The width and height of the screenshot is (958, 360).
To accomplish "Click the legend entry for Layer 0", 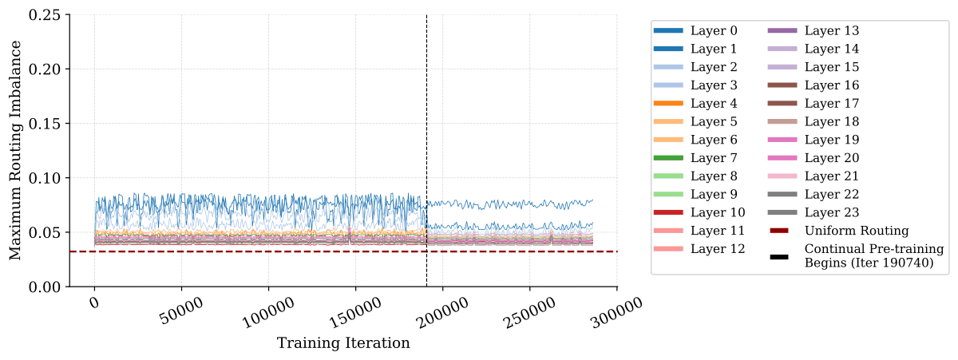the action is (695, 31).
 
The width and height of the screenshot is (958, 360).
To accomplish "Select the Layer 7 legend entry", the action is (695, 158).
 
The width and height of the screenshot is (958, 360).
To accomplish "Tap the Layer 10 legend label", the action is (718, 212).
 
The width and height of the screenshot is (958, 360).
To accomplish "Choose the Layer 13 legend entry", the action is (814, 31).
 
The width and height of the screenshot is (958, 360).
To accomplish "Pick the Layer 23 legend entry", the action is (814, 212).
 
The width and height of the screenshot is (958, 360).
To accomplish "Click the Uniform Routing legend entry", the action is (839, 231).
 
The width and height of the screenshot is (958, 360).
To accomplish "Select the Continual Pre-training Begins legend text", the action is (874, 255).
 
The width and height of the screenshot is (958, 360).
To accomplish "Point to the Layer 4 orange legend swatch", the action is (668, 104).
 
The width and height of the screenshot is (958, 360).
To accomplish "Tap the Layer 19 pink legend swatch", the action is (782, 140).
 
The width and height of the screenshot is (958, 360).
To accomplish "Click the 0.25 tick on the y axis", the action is (45, 15).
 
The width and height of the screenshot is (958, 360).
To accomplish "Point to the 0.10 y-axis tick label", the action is (45, 178).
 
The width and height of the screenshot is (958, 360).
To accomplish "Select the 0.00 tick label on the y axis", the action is (45, 287).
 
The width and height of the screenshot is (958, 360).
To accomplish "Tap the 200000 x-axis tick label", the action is (443, 314).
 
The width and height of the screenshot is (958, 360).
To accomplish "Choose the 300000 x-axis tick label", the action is (616, 314).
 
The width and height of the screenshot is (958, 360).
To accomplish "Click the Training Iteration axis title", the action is (343, 343).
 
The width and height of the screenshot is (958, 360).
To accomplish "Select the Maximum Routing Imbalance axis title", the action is (15, 151).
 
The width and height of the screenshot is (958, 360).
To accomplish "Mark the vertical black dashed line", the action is (426, 151).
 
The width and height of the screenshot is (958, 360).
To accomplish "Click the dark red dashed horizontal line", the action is (343, 251).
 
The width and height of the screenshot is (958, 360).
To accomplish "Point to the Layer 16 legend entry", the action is (814, 85).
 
